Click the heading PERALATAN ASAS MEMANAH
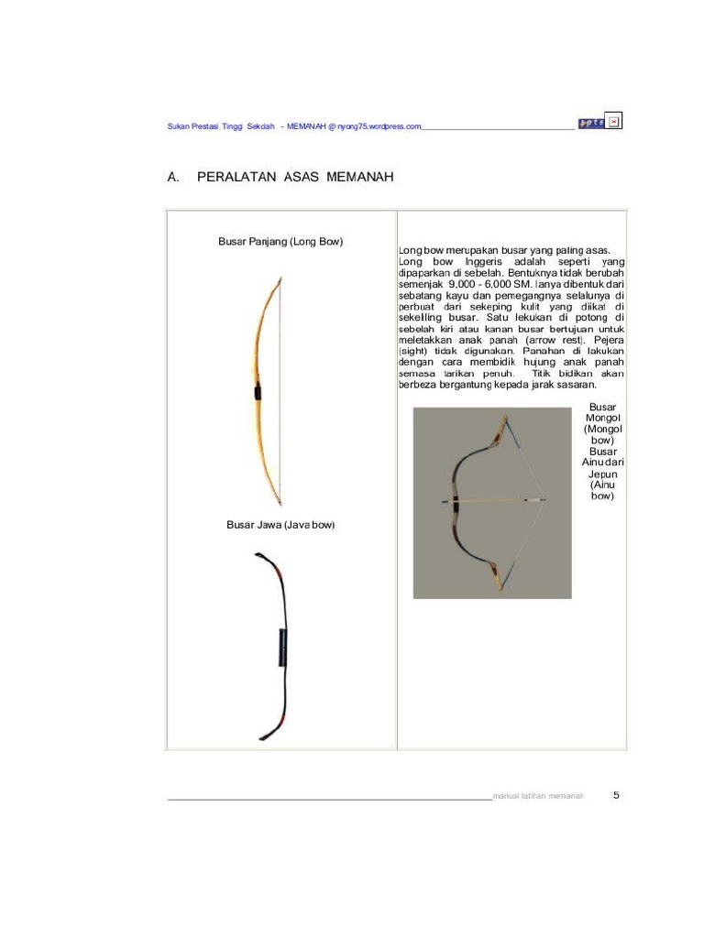pos(295,176)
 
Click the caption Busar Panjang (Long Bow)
pos(280,242)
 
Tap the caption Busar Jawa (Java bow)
pos(280,525)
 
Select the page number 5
pos(616,795)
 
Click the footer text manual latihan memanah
pos(538,796)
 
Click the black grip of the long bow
pos(258,392)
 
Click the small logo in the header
pos(590,124)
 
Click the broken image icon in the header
pos(614,122)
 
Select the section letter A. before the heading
pos(172,176)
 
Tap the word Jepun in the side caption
pos(602,474)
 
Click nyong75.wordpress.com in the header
pos(379,126)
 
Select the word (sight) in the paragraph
pos(413,351)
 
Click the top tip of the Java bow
pos(258,555)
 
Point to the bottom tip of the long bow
pos(279,504)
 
